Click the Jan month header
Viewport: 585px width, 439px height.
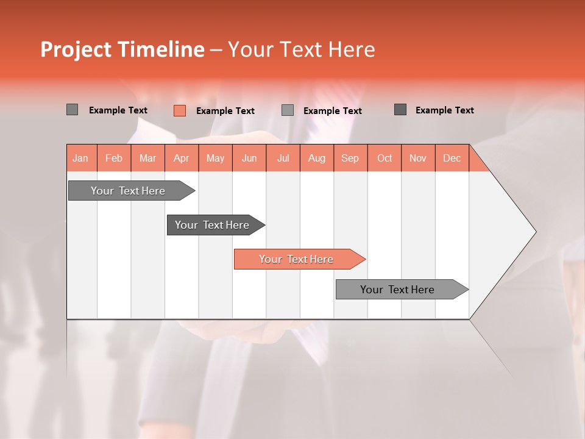click(80, 159)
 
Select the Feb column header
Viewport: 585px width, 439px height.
click(114, 159)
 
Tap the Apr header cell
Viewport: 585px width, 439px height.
click(181, 159)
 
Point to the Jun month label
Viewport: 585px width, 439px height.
click(249, 159)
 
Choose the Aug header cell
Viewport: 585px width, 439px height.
click(316, 159)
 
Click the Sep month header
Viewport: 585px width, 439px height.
click(350, 159)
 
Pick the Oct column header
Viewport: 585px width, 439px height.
click(385, 159)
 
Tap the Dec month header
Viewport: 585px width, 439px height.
click(452, 159)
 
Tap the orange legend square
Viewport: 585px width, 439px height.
click(179, 110)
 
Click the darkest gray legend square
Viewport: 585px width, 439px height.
click(400, 110)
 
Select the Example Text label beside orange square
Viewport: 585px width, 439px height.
click(225, 111)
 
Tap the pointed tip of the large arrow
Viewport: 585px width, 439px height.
click(534, 232)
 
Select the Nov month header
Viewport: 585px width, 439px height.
click(418, 159)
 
